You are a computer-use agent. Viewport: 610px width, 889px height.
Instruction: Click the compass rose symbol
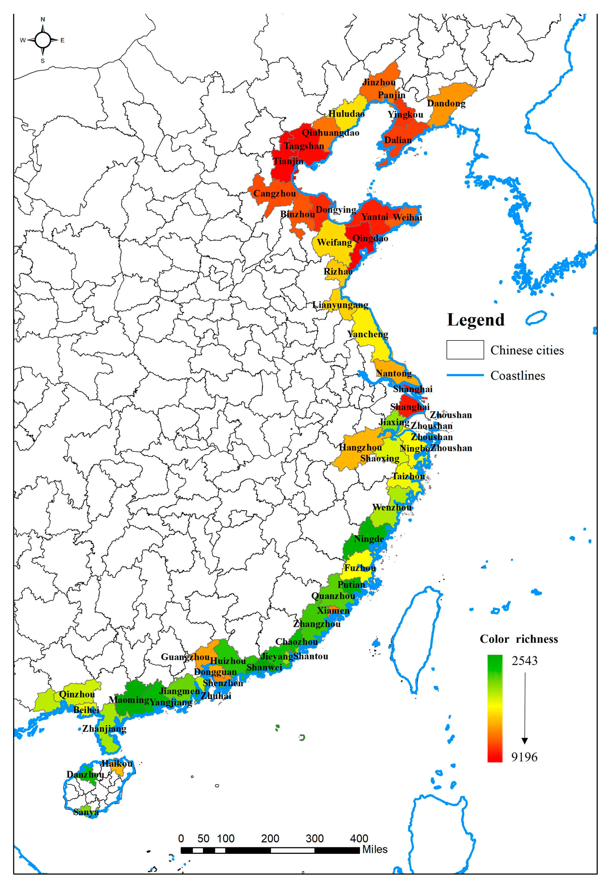(x=42, y=40)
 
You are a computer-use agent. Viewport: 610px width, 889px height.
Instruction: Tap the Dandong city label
(x=446, y=103)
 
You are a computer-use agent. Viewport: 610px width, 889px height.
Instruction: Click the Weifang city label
(x=334, y=242)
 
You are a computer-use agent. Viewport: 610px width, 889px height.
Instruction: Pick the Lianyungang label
(x=340, y=305)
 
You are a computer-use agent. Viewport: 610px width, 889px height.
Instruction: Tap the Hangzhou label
(x=360, y=447)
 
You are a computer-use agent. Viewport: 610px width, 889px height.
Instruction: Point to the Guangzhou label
(x=185, y=657)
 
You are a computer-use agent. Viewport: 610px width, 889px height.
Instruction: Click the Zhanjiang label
(x=104, y=728)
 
